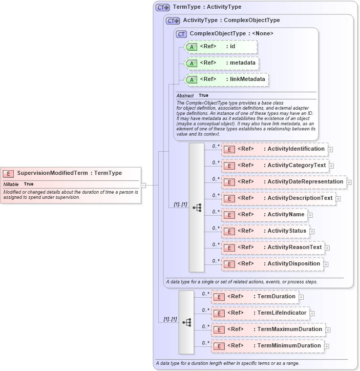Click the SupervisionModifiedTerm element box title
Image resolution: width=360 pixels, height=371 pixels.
point(70,173)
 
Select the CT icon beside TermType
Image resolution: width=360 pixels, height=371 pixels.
point(163,8)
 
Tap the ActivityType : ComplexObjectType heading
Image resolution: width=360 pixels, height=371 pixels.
point(231,20)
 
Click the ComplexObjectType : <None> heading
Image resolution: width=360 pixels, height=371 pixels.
point(231,34)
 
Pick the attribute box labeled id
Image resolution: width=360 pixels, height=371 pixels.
point(220,47)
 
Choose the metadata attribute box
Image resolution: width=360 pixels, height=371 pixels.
point(221,63)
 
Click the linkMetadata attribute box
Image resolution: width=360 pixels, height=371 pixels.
point(226,79)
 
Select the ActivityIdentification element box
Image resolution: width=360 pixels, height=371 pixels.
point(274,149)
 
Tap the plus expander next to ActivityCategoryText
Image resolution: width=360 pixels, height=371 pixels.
point(332,166)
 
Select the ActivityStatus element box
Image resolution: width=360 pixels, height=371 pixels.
point(265,231)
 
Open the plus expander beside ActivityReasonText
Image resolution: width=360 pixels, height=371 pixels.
point(327,248)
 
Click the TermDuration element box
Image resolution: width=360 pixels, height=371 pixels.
point(255,297)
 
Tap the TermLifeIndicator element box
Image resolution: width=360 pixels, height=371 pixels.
point(260,313)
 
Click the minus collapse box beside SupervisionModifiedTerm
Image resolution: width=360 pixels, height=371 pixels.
point(144,186)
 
